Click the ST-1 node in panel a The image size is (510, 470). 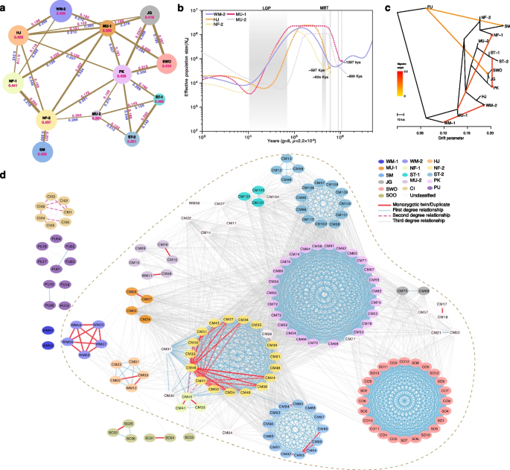tap(159, 99)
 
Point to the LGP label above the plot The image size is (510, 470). tap(267, 7)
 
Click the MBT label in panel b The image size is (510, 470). tap(325, 7)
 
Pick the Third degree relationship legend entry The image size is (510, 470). tap(442, 221)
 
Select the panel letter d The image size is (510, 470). tap(4, 177)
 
